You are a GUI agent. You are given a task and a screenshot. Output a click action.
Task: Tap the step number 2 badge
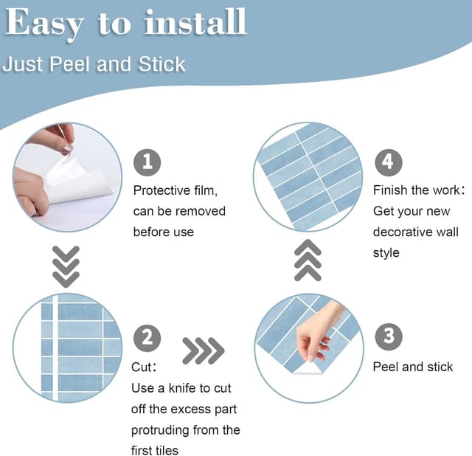tap(147, 338)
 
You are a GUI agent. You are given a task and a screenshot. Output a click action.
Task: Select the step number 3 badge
tap(388, 336)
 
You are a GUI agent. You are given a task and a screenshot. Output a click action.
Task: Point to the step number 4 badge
tap(388, 162)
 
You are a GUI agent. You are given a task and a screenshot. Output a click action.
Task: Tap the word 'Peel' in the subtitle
tap(74, 64)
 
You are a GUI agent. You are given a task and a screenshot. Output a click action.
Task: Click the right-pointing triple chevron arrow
tap(203, 351)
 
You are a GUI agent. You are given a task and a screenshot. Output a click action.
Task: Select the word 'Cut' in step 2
tap(142, 367)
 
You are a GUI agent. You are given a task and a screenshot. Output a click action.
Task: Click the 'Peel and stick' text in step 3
tap(413, 367)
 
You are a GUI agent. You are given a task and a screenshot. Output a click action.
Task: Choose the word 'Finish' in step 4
tap(391, 190)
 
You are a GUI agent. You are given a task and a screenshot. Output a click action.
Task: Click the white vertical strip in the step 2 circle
tap(55, 347)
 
